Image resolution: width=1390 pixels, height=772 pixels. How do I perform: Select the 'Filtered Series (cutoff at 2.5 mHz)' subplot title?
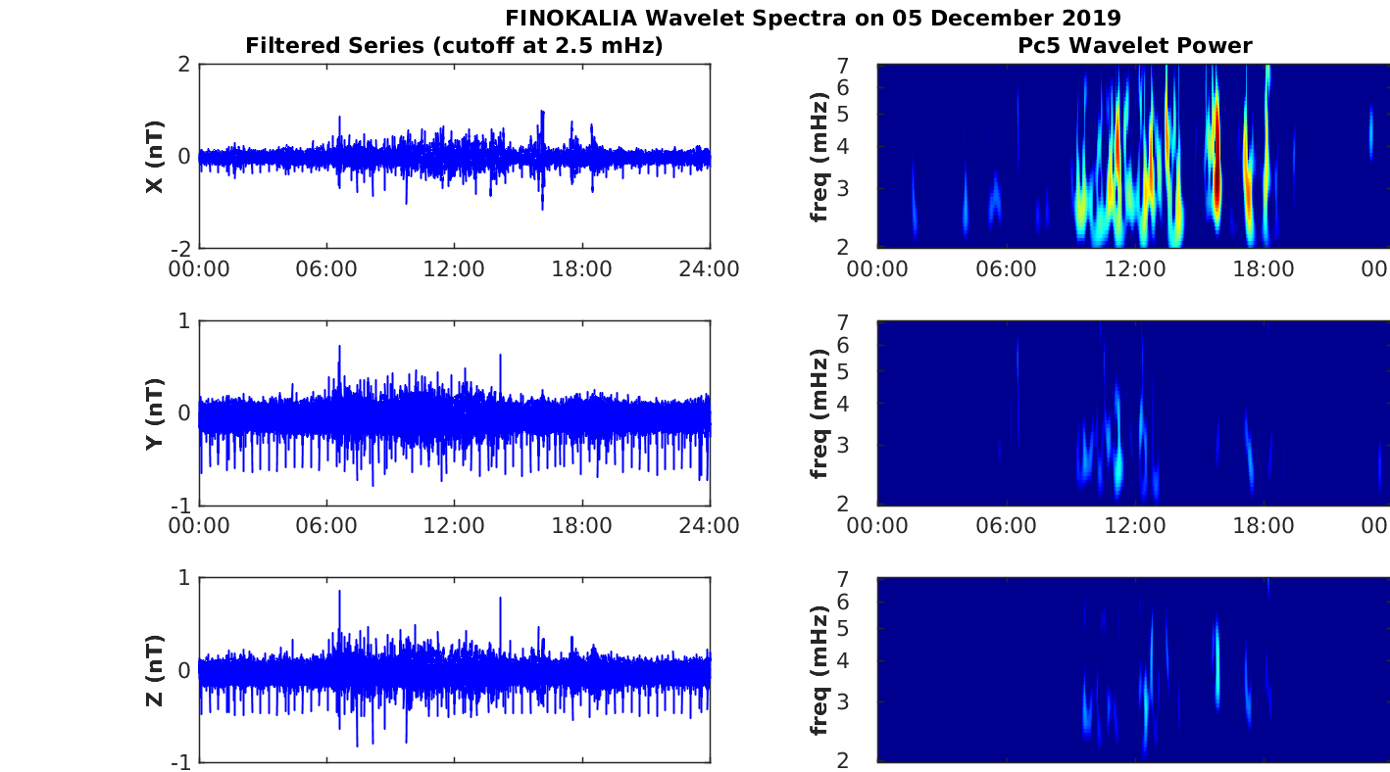pos(454,45)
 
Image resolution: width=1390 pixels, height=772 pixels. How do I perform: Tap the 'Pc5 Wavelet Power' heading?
pos(1134,45)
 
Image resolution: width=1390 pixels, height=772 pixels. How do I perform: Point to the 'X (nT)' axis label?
pos(155,157)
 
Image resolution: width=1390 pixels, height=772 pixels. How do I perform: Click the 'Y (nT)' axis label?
pos(155,413)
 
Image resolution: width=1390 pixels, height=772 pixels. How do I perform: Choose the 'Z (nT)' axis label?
pos(155,670)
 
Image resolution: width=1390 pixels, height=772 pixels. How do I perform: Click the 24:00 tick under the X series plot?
pos(709,269)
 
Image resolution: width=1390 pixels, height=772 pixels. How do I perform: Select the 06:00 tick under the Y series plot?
pos(326,526)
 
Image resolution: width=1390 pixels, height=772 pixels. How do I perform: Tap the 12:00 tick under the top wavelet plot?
pos(1136,269)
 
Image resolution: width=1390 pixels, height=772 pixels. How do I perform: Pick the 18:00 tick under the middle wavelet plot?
pos(1264,526)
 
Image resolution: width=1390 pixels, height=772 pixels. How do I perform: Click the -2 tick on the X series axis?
pos(180,249)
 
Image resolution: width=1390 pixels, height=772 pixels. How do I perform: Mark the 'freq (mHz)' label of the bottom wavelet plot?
pos(820,670)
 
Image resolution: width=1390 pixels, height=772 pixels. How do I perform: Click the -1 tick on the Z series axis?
pos(180,762)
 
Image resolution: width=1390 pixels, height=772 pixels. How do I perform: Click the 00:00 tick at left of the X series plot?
pos(199,269)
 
